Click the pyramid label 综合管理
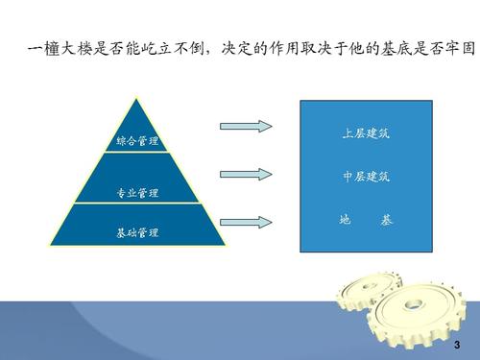pyautogui.click(x=137, y=141)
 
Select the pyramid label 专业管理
pyautogui.click(x=137, y=193)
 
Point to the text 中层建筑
pyautogui.click(x=366, y=178)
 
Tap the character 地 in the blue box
pyautogui.click(x=345, y=220)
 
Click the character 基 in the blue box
pyautogui.click(x=387, y=220)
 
